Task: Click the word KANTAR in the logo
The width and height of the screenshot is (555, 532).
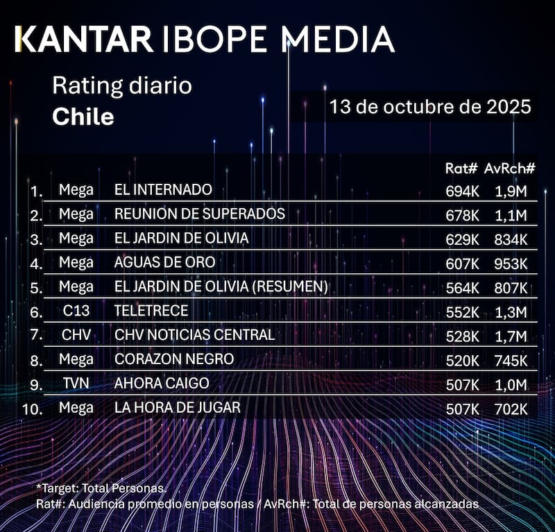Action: pos(84,40)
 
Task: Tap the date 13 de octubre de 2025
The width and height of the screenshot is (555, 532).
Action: pos(430,108)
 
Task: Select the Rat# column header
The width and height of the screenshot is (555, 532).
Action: pos(461,169)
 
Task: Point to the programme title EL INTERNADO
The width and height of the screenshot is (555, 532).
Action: pos(163,189)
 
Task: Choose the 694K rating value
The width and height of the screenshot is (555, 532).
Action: pos(462,191)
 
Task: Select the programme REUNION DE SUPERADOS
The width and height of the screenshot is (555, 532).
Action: pos(200,214)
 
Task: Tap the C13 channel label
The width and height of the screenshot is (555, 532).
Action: pos(76,311)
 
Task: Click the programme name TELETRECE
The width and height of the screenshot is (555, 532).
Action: pos(151,311)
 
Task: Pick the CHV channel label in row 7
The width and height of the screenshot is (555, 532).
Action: pos(76,336)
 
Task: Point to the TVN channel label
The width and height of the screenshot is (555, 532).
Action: pos(76,384)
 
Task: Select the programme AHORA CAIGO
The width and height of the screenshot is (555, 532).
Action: pos(162,384)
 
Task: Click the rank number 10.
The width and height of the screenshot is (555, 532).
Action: pos(33,409)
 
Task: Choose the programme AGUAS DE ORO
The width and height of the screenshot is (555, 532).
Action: pos(165,262)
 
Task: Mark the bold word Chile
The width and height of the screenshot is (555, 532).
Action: pos(83,117)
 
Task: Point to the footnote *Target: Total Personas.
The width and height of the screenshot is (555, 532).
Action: pos(101,489)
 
